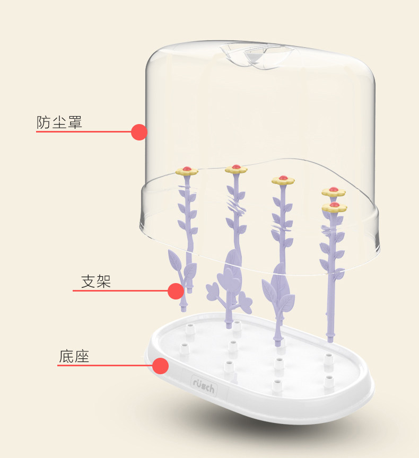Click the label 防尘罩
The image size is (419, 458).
[59, 122]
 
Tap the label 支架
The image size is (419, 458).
[95, 281]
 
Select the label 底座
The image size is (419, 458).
[74, 356]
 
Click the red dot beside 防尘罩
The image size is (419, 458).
[139, 132]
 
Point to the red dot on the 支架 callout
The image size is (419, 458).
[176, 290]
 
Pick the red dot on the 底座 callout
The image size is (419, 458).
[161, 366]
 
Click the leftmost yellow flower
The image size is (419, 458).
[187, 171]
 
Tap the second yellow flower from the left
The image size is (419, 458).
[236, 169]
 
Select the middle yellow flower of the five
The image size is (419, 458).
[283, 180]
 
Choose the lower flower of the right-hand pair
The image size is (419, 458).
[334, 207]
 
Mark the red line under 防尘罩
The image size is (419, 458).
[85, 131]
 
